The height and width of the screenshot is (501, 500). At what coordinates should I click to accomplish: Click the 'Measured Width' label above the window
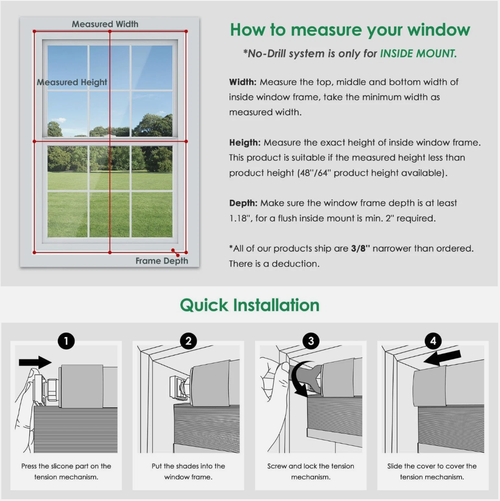tap(105, 24)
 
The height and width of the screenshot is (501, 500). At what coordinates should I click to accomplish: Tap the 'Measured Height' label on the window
tap(72, 82)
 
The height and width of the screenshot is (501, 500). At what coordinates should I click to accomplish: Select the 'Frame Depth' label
tap(162, 261)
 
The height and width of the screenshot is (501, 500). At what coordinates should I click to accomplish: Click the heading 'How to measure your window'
tap(350, 30)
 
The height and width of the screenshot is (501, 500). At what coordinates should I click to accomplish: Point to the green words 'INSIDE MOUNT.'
tap(418, 53)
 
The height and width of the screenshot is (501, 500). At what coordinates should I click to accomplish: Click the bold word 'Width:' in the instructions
tap(242, 82)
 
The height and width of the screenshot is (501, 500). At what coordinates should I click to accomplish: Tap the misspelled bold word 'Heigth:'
tap(245, 143)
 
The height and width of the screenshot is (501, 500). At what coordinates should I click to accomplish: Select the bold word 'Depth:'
tap(243, 203)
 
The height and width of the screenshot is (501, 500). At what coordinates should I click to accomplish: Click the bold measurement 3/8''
tap(361, 248)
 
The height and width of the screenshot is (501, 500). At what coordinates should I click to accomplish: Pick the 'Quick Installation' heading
tap(250, 305)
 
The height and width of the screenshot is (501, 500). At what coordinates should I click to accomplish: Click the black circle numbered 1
tap(66, 341)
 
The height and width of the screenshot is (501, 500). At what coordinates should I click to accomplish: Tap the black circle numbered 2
tap(188, 341)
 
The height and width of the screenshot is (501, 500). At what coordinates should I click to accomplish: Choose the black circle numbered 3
tap(311, 341)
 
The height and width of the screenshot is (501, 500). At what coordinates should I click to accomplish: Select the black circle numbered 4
tap(433, 341)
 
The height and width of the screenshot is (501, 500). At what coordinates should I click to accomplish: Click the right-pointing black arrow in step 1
tap(35, 362)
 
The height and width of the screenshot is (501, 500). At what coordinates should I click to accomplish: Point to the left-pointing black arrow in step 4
tap(442, 357)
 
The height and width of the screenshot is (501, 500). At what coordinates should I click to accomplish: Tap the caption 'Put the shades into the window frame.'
tap(188, 471)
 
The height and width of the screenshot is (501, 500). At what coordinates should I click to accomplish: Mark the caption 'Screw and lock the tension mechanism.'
tap(311, 471)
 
